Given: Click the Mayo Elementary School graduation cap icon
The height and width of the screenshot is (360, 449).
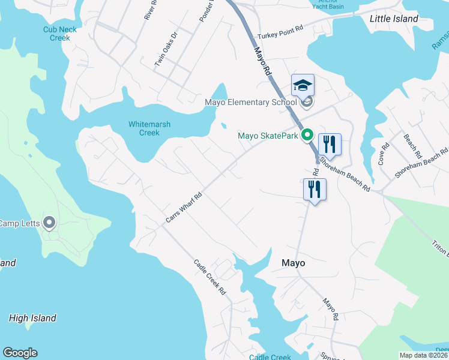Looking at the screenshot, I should coord(303,85).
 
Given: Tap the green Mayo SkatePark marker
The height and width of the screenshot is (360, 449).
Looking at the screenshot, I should coord(307,136).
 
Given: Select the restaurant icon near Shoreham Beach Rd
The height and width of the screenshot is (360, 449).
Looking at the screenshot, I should coord(330,145).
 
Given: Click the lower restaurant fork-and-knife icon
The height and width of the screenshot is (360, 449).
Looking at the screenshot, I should coord(315,190).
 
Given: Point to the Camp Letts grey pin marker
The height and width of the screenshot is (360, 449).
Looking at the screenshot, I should coord(49,224).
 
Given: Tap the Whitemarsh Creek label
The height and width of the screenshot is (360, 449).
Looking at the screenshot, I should coord(149,128).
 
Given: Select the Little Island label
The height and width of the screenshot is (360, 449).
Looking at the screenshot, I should coord(394,19).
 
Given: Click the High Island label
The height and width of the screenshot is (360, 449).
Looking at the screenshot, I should coord(32,319).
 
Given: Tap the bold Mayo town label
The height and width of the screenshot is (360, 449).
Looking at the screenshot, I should coord(294,263).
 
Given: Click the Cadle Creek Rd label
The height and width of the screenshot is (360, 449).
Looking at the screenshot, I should coord(209,277).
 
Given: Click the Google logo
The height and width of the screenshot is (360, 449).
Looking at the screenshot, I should coord(20,353).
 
